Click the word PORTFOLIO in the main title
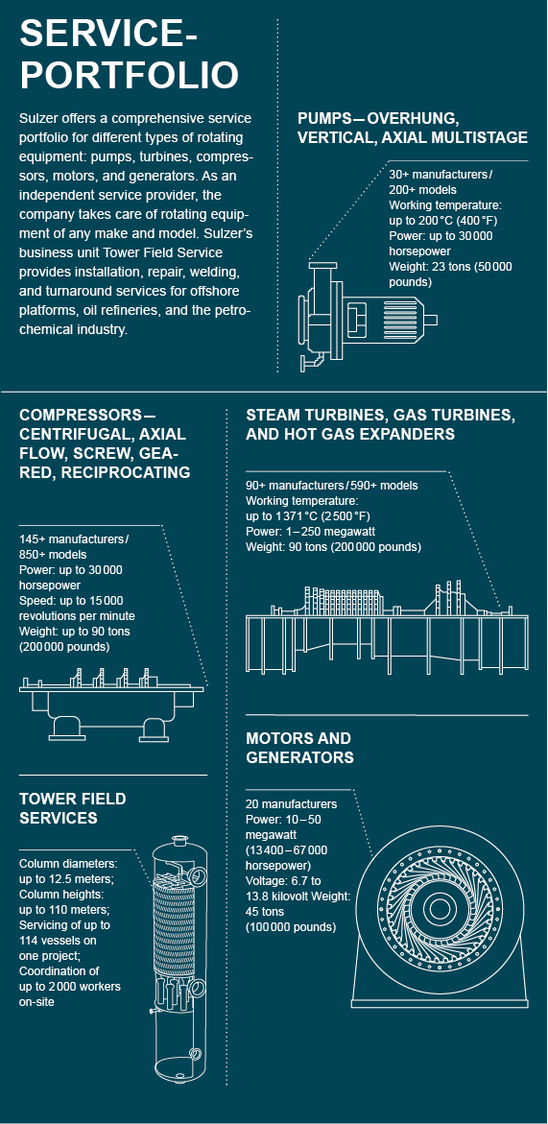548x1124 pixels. [x=129, y=75]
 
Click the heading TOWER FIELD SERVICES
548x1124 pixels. [x=73, y=808]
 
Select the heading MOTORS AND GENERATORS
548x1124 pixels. [x=299, y=748]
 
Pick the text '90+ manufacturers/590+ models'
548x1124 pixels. [x=331, y=486]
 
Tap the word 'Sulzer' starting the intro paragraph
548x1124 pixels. [x=37, y=119]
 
